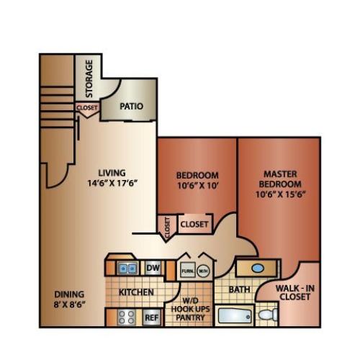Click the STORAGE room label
pos(89,78)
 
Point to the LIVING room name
pos(113,173)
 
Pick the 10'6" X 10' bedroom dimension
pos(197,186)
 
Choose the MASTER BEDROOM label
pos(281,179)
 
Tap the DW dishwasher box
pos(153,268)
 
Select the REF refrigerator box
pos(152,315)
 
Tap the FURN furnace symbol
pos(187,271)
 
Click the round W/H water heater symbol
pos(204,271)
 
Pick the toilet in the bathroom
pos(267,315)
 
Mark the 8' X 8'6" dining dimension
pos(69,305)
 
